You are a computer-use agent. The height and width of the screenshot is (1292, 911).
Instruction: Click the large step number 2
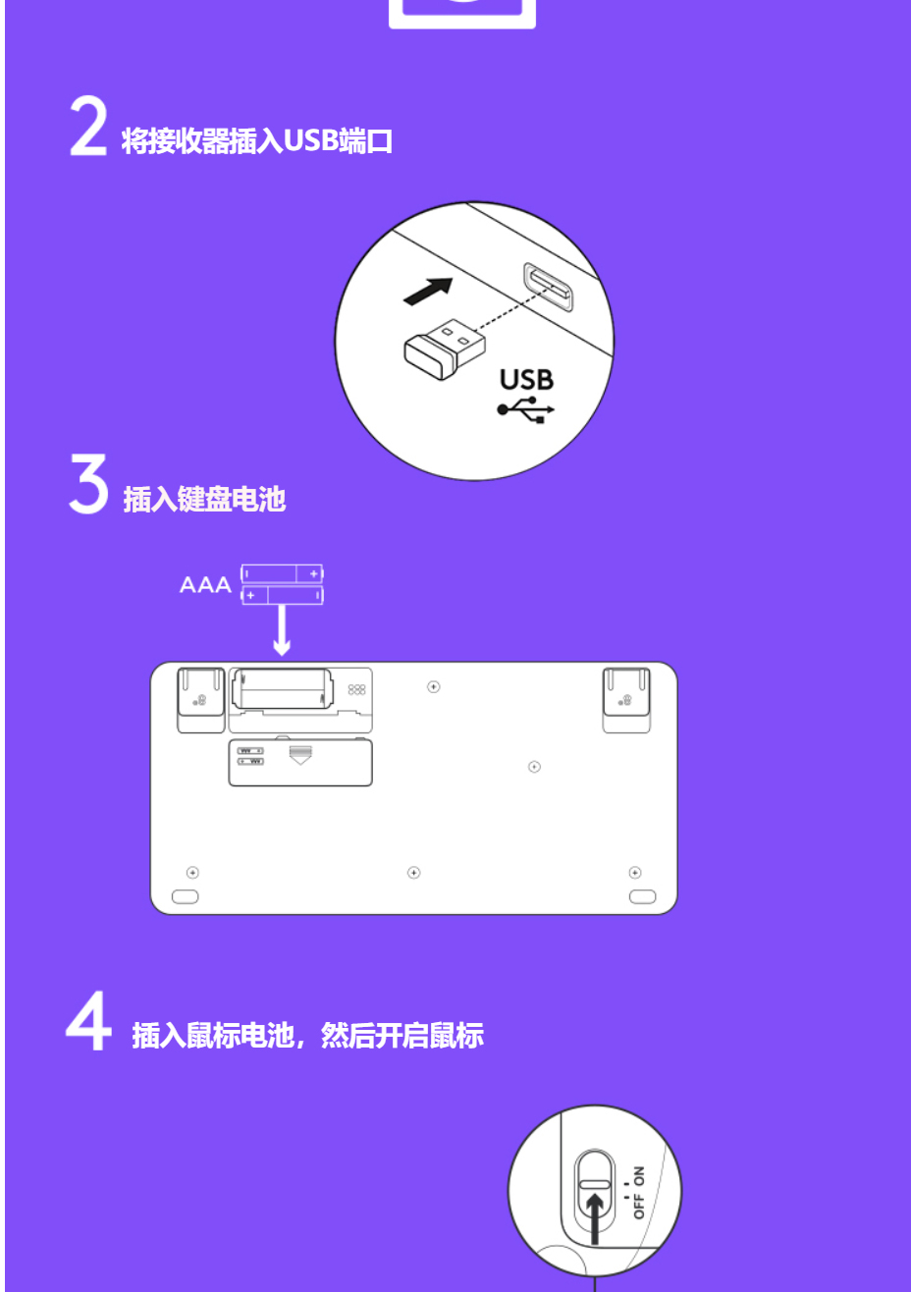click(x=88, y=126)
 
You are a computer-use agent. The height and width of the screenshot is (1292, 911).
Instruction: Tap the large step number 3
click(x=88, y=483)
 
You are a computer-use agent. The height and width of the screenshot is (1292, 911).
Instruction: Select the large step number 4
click(x=88, y=1020)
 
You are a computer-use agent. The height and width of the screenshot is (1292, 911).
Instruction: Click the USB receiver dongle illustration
click(x=444, y=350)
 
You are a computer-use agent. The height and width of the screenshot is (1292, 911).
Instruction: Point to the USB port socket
click(x=549, y=287)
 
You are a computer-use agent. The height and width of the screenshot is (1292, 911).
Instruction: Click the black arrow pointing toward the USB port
click(x=428, y=292)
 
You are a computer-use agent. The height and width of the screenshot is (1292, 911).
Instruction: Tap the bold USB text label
click(x=526, y=380)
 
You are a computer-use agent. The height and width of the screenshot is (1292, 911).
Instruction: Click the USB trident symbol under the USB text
click(x=525, y=409)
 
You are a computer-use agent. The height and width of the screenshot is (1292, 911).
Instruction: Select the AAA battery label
click(x=205, y=585)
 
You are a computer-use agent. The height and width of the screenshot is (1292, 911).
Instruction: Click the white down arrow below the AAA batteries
click(x=282, y=630)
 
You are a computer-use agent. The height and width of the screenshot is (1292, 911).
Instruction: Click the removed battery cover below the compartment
click(x=300, y=762)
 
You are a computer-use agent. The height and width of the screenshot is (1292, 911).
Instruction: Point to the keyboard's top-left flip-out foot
click(x=200, y=700)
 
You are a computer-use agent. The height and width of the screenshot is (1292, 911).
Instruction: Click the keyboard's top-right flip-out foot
click(x=626, y=700)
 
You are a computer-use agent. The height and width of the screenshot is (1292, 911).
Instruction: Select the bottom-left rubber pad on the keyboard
click(x=186, y=896)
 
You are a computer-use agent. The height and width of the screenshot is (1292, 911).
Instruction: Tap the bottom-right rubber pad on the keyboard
click(x=642, y=896)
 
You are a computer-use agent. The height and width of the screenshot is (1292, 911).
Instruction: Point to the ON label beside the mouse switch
click(x=639, y=1175)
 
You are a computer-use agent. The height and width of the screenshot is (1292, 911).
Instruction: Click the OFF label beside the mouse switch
click(x=639, y=1206)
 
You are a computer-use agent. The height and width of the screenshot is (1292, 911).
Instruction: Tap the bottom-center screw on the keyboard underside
click(x=413, y=873)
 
